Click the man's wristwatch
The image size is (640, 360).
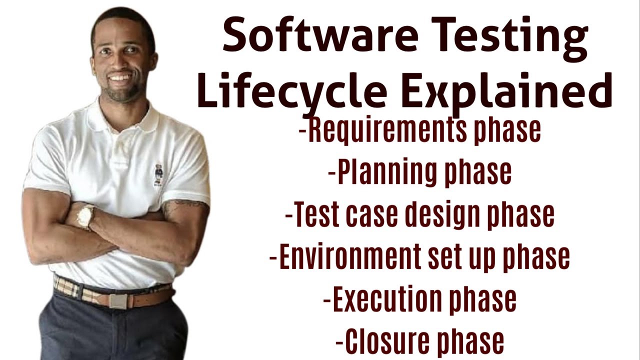pyautogui.click(x=85, y=216)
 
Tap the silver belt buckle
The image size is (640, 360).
pyautogui.click(x=119, y=301)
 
